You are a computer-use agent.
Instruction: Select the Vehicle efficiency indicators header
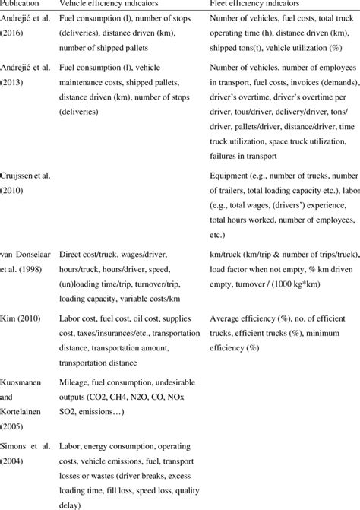115,5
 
